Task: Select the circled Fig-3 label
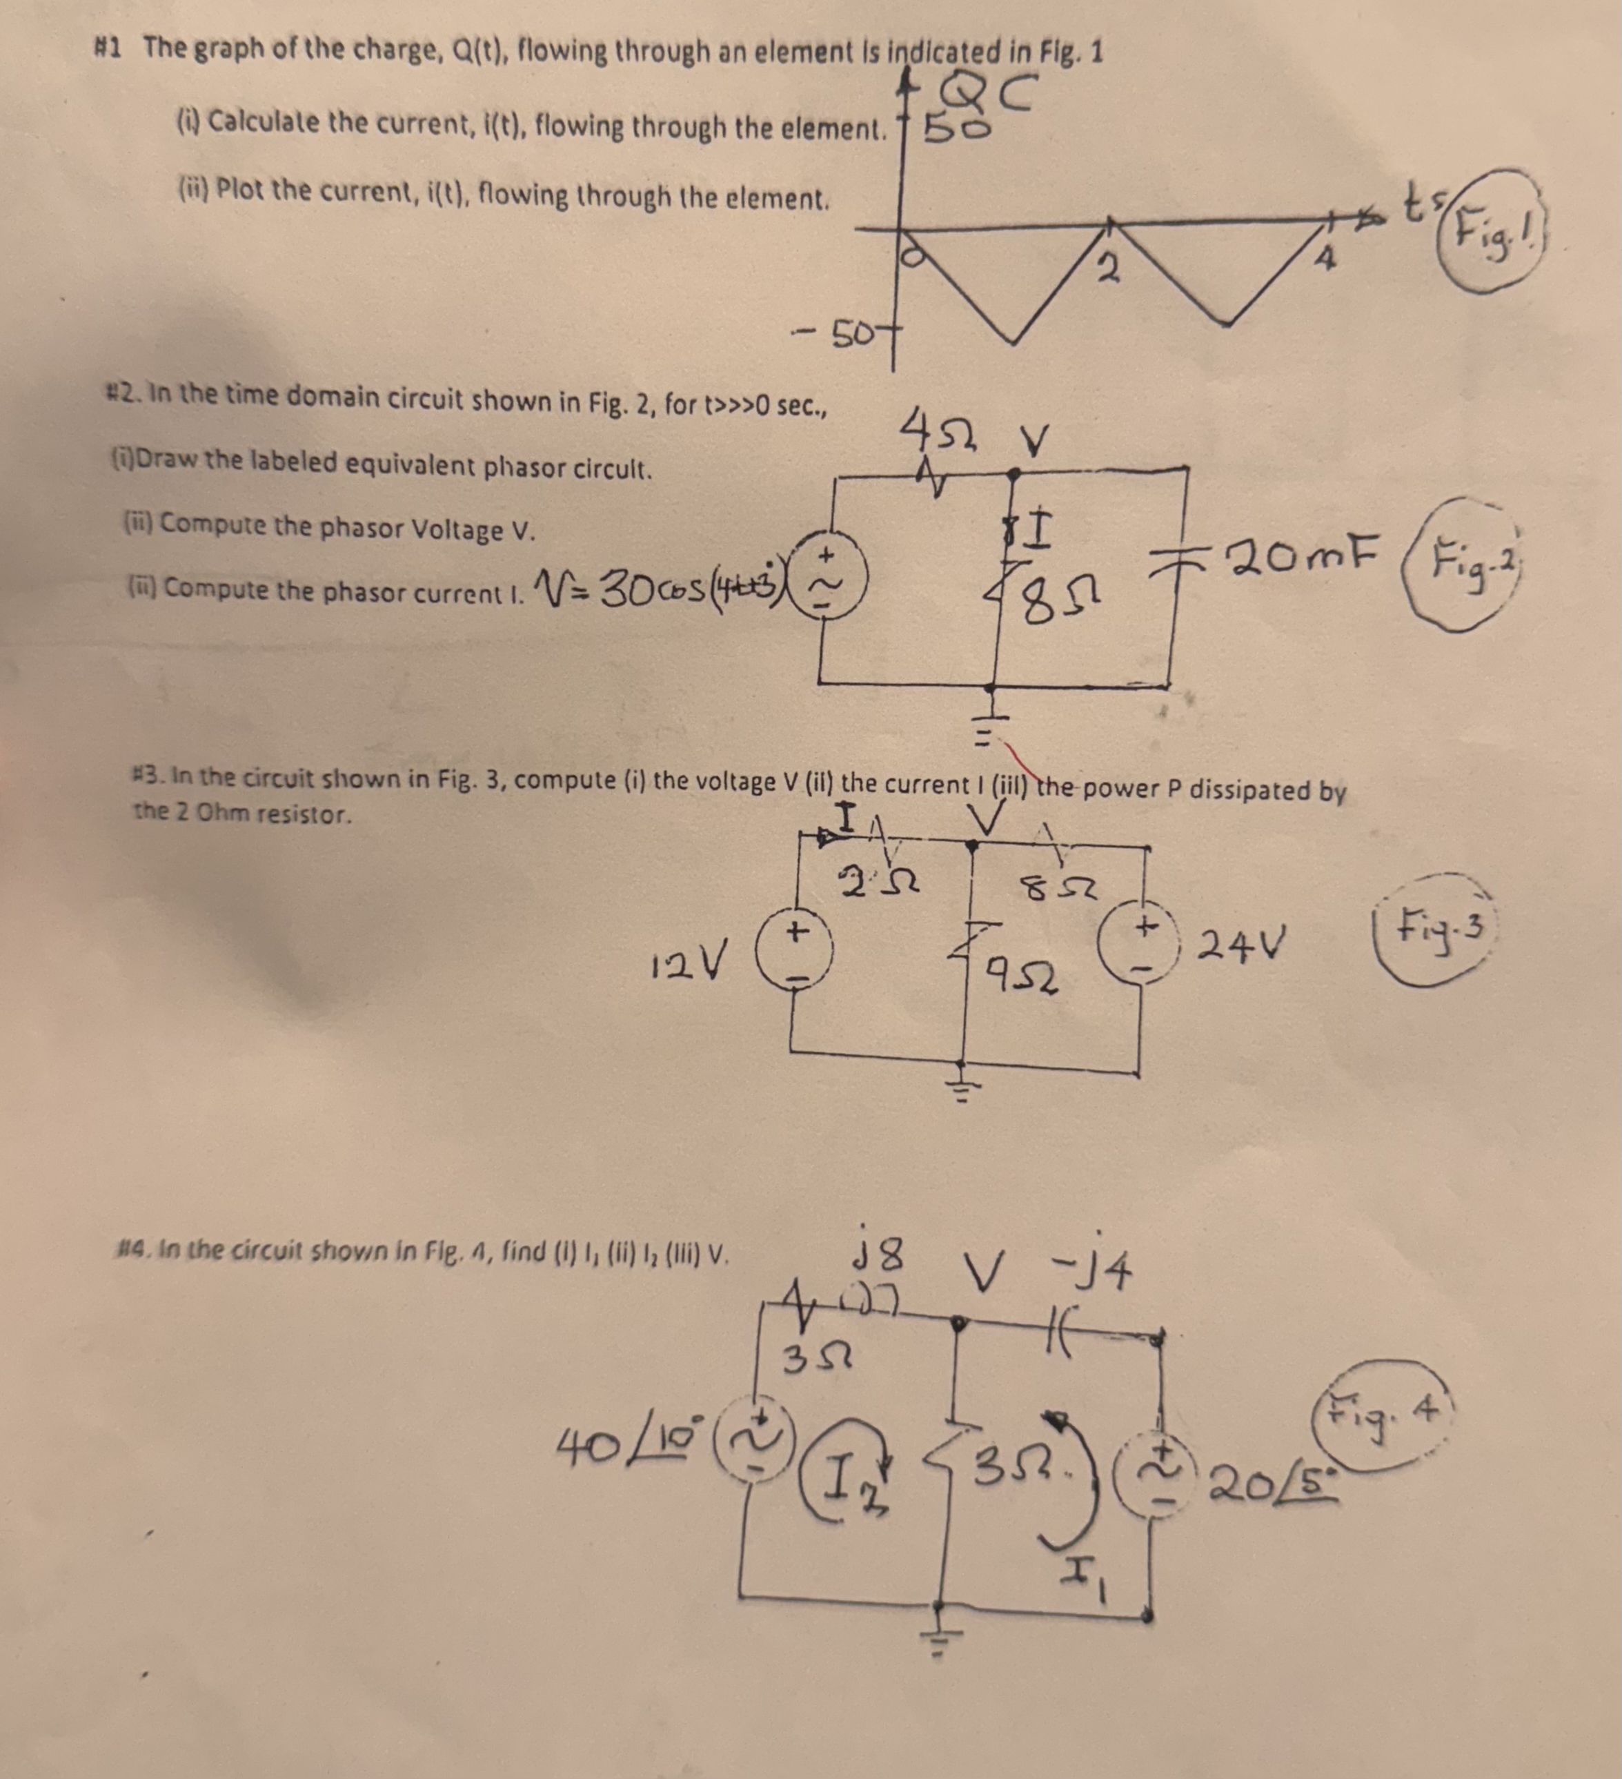point(1434,934)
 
